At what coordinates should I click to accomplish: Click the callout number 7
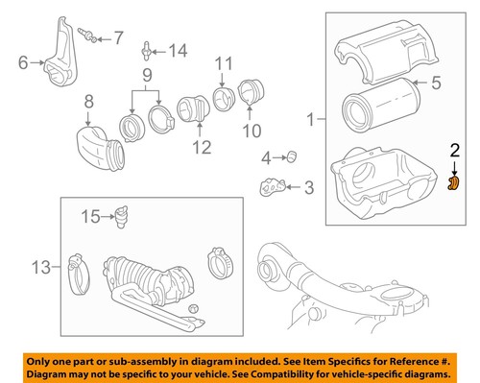119,38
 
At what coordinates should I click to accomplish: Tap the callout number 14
180,50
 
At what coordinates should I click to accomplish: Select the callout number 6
23,63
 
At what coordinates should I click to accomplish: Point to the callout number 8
88,99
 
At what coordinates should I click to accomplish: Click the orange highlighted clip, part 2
456,180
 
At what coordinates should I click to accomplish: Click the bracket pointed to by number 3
275,186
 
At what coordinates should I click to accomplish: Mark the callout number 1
309,120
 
